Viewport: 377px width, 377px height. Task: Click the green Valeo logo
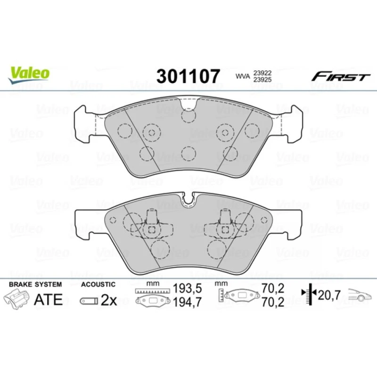coord(29,74)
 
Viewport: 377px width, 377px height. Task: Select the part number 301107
coord(188,76)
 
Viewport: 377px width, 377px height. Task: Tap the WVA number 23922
coord(262,73)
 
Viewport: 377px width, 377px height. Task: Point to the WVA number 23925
coord(262,80)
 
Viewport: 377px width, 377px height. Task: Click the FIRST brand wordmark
coord(341,77)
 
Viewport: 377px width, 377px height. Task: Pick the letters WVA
coord(243,76)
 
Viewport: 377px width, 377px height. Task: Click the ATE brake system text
coord(49,299)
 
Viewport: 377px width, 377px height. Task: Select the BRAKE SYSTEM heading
coord(35,285)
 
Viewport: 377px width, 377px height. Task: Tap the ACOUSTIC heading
coord(98,285)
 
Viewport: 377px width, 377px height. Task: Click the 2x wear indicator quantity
coord(109,300)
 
